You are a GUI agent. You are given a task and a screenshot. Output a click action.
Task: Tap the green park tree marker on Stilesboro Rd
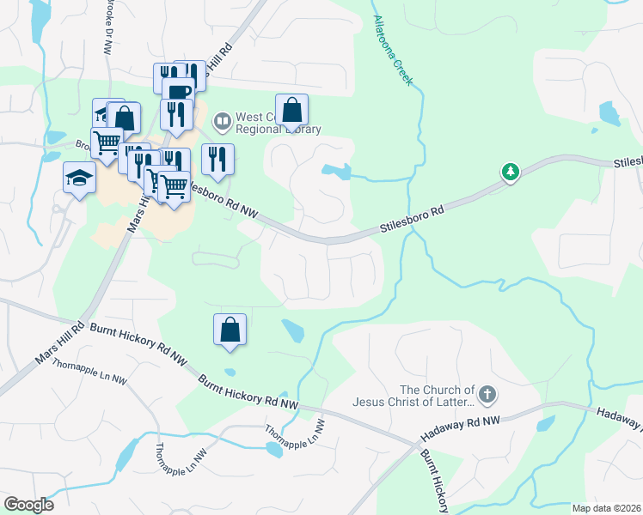(x=511, y=173)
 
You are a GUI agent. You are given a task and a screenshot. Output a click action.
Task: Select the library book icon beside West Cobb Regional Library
(x=223, y=121)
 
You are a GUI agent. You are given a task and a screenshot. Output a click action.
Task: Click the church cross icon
(x=487, y=395)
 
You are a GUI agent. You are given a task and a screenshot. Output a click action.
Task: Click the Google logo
(x=28, y=505)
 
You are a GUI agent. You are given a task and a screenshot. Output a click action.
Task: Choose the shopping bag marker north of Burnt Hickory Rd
(x=230, y=330)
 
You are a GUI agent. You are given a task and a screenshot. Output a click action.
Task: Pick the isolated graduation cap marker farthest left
(x=79, y=178)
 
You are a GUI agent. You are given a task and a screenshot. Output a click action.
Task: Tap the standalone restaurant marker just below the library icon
(x=217, y=159)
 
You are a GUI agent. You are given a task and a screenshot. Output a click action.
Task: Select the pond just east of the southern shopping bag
(x=292, y=330)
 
